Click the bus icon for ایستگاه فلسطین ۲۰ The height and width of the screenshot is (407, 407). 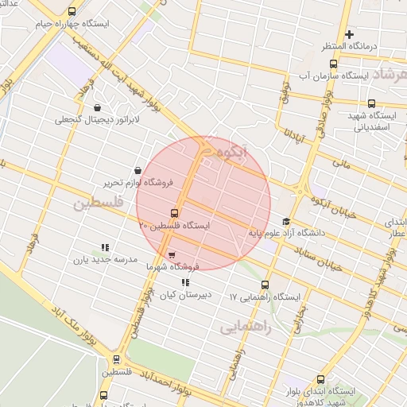coord(174,213)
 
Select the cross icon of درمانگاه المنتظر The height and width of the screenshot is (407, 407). coord(349,33)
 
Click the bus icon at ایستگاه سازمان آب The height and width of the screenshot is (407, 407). coord(333,64)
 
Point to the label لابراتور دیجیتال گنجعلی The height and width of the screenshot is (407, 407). coord(97,119)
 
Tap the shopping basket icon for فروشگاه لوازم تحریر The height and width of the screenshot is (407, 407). coord(139,170)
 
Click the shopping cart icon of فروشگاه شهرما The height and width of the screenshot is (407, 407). coord(172,255)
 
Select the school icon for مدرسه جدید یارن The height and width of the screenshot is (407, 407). coord(106,247)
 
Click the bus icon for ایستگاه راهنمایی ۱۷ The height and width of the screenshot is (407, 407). coord(265,285)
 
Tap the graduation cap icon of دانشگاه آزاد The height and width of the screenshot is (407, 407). coord(286,221)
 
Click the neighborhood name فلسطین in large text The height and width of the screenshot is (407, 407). coord(99,204)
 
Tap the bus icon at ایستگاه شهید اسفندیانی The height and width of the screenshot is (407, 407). coord(371,103)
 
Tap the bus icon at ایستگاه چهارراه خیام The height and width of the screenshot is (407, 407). coord(72,12)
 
